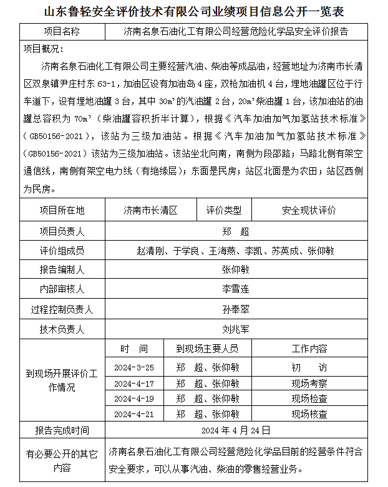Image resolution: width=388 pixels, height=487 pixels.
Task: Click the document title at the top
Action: pyautogui.click(x=194, y=12)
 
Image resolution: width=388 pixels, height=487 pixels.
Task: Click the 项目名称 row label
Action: pyautogui.click(x=62, y=31)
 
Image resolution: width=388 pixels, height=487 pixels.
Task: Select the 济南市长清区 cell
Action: pyautogui.click(x=150, y=210)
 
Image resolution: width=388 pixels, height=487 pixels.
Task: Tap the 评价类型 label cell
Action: pyautogui.click(x=224, y=210)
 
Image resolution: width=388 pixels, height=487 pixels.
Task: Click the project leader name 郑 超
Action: pyautogui.click(x=236, y=231)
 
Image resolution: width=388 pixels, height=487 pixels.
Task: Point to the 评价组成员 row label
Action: pyautogui.click(x=62, y=251)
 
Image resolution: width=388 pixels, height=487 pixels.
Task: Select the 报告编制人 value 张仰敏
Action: pyautogui.click(x=236, y=269)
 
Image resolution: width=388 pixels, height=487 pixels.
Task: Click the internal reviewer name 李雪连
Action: pyautogui.click(x=236, y=289)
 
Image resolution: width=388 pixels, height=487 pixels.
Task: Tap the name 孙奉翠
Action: pyautogui.click(x=236, y=309)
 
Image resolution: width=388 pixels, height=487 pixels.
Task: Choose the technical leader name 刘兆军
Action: pyautogui.click(x=236, y=328)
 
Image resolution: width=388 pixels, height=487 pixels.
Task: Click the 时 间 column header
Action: pyautogui.click(x=134, y=348)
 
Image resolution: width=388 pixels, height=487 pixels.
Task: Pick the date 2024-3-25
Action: pyautogui.click(x=134, y=367)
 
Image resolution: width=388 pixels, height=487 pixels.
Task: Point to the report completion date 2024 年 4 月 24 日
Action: pyautogui.click(x=236, y=430)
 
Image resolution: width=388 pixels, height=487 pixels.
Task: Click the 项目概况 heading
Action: pyautogui.click(x=42, y=49)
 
